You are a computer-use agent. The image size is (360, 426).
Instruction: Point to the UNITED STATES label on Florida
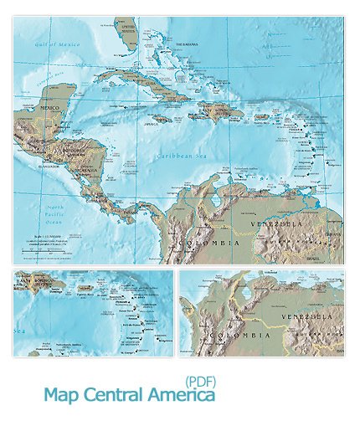pos(128,28)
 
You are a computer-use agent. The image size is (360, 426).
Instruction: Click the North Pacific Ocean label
pos(55,215)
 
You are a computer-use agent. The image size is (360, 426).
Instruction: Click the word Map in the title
pos(59,394)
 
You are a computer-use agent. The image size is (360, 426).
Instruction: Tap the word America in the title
pos(179,394)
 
